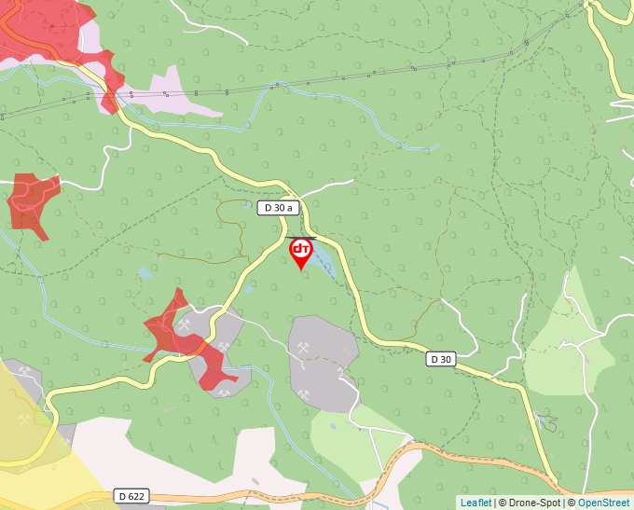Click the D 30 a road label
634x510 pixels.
pyautogui.click(x=278, y=208)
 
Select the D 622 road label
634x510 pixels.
pyautogui.click(x=132, y=496)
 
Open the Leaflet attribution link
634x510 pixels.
pyautogui.click(x=475, y=503)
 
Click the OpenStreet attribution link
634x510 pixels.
pyautogui.click(x=603, y=503)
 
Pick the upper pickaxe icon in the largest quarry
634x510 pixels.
pyautogui.click(x=305, y=348)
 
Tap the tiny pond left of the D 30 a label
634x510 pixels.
pyautogui.click(x=143, y=273)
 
